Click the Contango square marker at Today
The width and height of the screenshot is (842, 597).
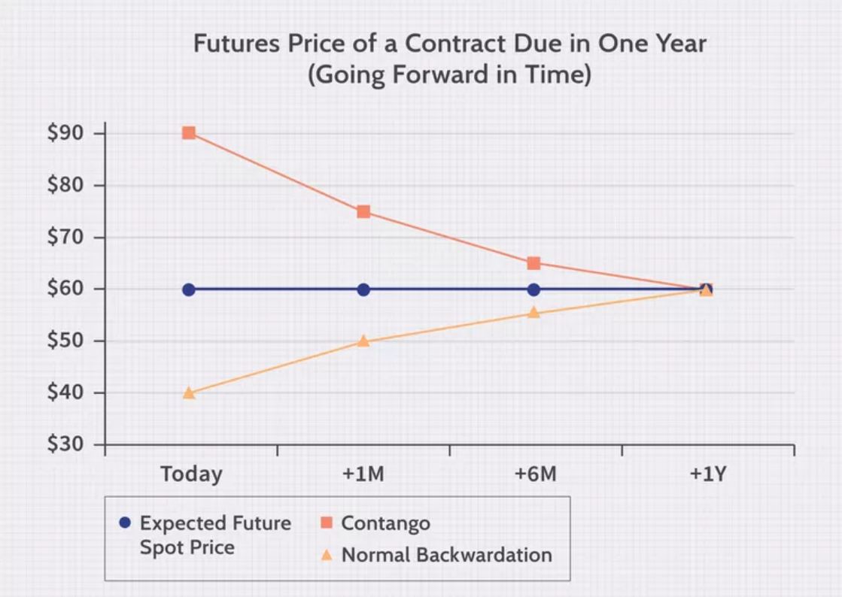pos(189,133)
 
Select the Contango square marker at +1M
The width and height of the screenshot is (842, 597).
pos(363,211)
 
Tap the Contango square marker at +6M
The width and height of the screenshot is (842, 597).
pos(533,263)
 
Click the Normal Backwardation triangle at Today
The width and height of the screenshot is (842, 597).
pos(189,392)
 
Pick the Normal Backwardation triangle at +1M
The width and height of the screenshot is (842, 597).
pos(363,341)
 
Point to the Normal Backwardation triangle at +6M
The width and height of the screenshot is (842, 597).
pos(533,312)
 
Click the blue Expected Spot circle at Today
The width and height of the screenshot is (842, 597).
pos(189,289)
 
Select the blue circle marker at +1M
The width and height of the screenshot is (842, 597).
pos(363,289)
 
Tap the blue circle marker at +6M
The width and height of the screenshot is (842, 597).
pos(533,289)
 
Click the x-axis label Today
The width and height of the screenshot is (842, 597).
pos(191,475)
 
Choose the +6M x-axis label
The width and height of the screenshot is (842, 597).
pos(536,475)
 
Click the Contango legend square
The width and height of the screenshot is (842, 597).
pos(327,523)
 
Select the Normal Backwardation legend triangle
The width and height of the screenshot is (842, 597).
pos(327,556)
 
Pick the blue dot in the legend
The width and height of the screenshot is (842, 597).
pos(125,523)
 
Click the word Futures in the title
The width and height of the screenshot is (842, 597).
pos(233,44)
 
